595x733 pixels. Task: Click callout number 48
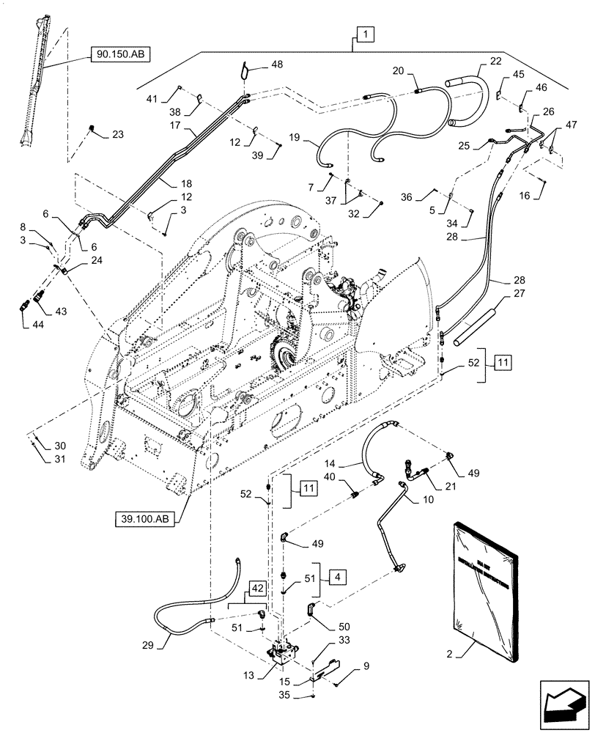276,65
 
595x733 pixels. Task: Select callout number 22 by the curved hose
476,62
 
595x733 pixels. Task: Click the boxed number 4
338,576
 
